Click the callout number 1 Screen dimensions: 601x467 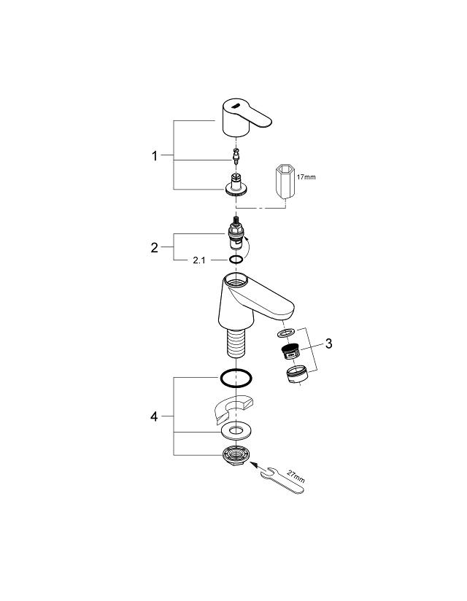pyautogui.click(x=155, y=155)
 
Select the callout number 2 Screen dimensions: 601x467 pyautogui.click(x=155, y=247)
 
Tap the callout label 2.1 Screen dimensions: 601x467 pyautogui.click(x=199, y=260)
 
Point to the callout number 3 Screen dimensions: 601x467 pyautogui.click(x=329, y=343)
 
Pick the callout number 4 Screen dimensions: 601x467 pyautogui.click(x=154, y=416)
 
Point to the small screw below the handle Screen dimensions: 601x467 pyautogui.click(x=235, y=155)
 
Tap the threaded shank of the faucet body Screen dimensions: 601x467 pyautogui.click(x=235, y=344)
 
